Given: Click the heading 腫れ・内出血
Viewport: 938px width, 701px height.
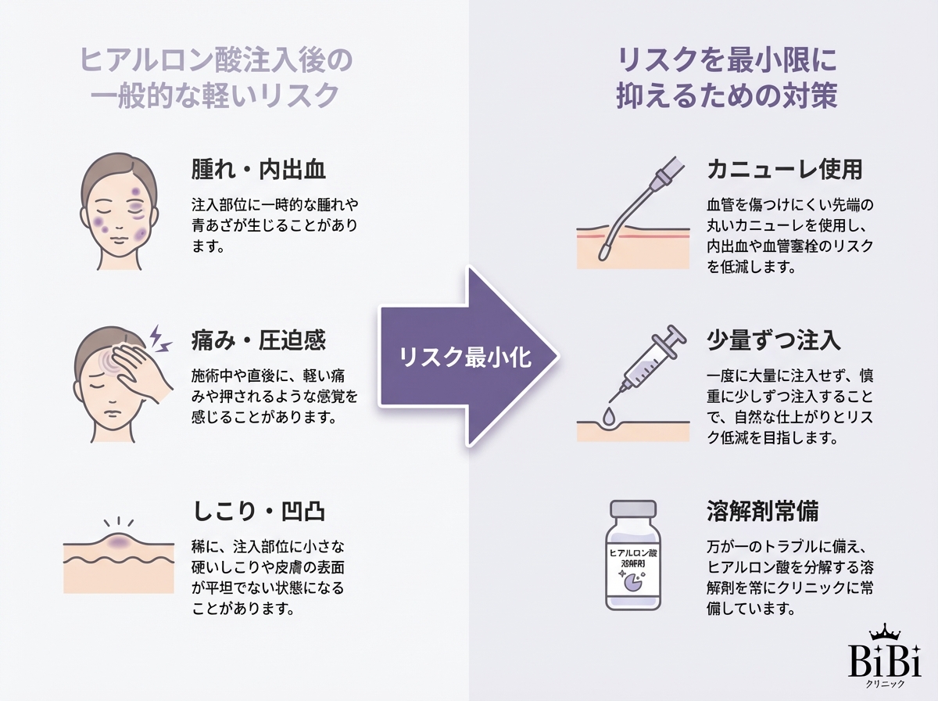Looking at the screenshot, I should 259,170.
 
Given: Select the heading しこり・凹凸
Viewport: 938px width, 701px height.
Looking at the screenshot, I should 259,511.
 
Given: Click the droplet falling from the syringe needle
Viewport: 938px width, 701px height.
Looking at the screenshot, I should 609,410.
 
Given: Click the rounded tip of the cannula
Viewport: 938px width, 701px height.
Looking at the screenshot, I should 606,253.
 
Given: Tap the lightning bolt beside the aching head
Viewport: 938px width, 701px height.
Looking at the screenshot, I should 159,337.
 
